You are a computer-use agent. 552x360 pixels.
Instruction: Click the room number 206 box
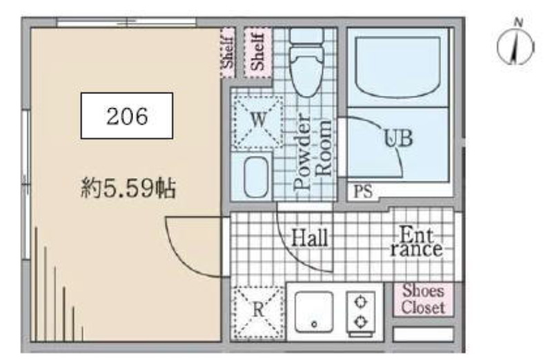127,116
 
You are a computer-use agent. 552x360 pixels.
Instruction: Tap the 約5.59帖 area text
128,189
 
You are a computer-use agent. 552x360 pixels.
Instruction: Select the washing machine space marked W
258,122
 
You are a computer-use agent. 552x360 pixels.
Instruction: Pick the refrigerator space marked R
258,312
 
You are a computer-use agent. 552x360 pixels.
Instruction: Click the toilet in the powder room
306,62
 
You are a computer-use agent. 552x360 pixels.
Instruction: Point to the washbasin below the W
255,177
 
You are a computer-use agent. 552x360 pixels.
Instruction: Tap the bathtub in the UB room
398,67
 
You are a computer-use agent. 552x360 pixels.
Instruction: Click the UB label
398,138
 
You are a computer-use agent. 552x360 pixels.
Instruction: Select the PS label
363,192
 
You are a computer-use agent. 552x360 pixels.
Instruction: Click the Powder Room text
312,152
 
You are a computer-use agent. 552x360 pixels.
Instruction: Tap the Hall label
310,237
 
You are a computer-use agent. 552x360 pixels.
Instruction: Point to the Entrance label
416,242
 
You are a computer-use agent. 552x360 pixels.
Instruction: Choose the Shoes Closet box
424,299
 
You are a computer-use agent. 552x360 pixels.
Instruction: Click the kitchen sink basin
314,312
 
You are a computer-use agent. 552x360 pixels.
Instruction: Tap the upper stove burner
360,302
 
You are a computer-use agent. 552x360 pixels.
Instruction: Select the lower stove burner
360,321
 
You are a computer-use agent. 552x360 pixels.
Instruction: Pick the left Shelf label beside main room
228,53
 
